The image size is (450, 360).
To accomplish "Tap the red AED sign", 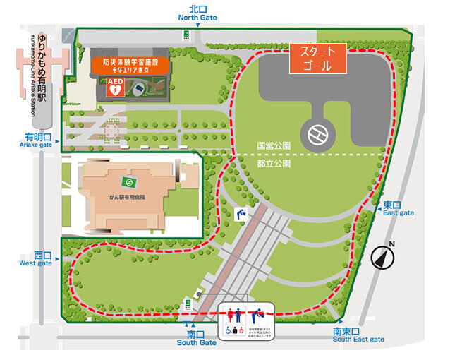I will [115, 87].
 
